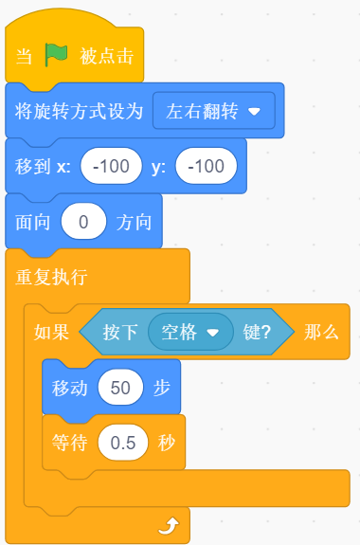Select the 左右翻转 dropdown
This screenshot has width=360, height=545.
(x=213, y=110)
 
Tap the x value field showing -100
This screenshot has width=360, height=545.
(x=111, y=167)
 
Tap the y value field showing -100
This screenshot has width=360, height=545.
(x=206, y=167)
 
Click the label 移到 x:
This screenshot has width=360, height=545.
(x=43, y=167)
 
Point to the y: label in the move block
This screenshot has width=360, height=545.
(x=158, y=167)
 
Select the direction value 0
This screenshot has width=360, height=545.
(x=83, y=223)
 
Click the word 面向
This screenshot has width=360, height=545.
(x=33, y=223)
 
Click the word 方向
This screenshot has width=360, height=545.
(x=133, y=223)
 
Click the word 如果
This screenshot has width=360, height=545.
(x=51, y=332)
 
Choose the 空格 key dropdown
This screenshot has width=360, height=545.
(x=189, y=332)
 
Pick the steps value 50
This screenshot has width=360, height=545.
(x=119, y=387)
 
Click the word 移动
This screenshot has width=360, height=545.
(x=69, y=387)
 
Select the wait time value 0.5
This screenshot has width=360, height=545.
(x=123, y=442)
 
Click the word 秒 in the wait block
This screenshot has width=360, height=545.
(x=167, y=442)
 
